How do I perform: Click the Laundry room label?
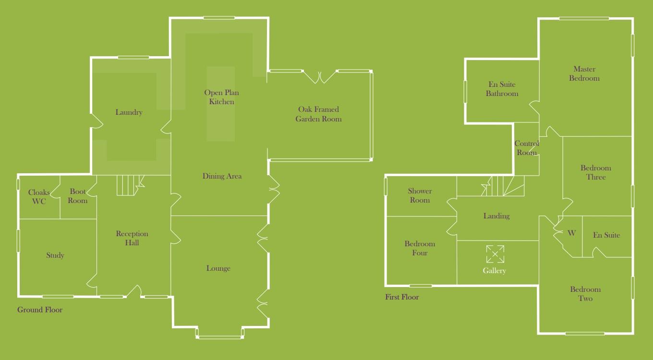(x=129, y=112)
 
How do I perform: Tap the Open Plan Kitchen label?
(x=221, y=97)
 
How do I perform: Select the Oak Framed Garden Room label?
(x=318, y=114)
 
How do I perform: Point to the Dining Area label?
(x=222, y=176)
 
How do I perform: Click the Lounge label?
(x=218, y=268)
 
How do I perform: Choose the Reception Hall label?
(x=132, y=238)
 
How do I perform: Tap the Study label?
(x=55, y=255)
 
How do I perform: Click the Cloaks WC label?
(x=39, y=197)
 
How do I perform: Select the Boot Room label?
(x=78, y=196)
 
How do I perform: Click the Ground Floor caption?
(x=40, y=310)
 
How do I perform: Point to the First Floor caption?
(x=402, y=297)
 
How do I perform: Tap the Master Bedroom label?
(x=584, y=73)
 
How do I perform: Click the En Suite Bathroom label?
(x=502, y=89)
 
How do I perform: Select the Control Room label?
(x=527, y=148)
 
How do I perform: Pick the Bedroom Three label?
(x=596, y=172)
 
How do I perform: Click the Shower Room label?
(x=420, y=195)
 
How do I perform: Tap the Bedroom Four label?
(x=420, y=248)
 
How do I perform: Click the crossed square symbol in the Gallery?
(x=495, y=254)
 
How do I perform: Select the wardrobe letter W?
(x=571, y=233)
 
